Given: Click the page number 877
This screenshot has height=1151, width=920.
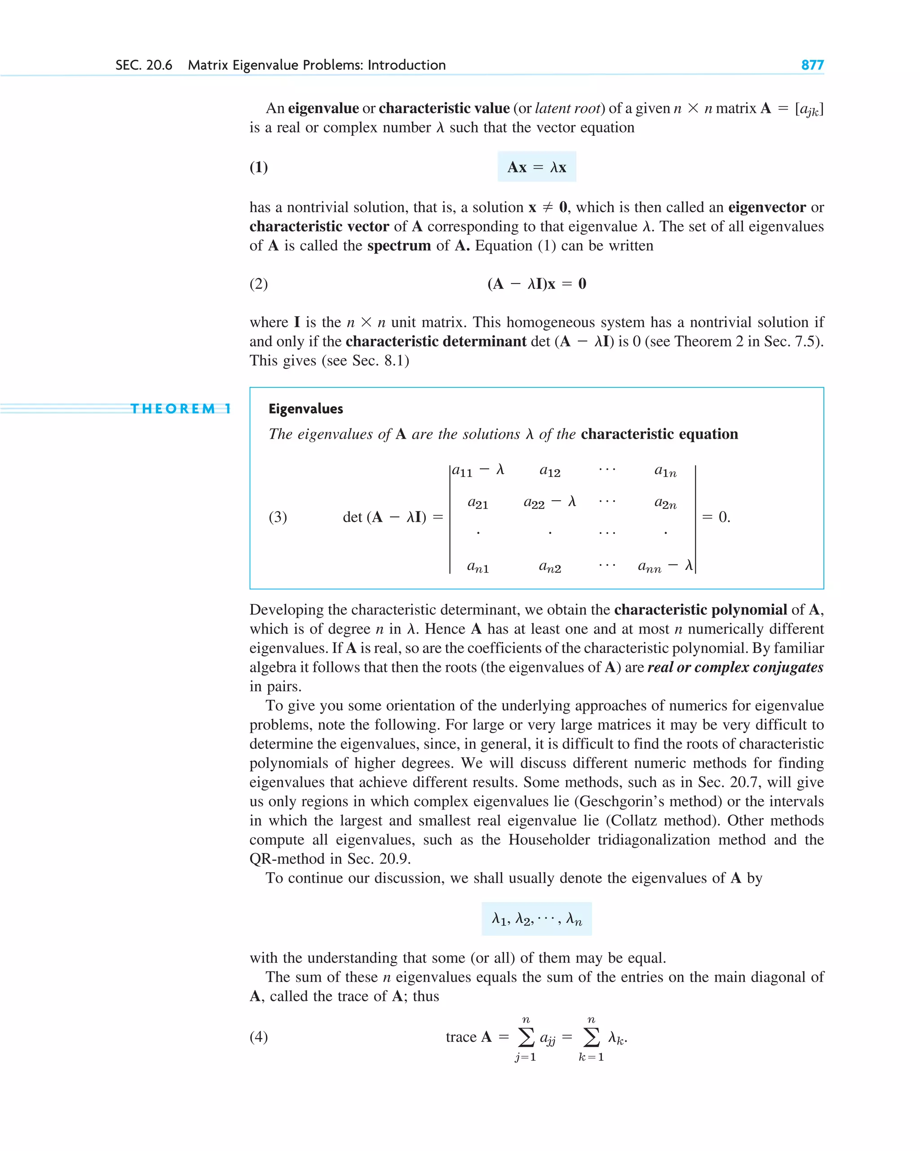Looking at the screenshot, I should [812, 65].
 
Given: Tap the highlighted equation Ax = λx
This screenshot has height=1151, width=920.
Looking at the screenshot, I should [536, 167].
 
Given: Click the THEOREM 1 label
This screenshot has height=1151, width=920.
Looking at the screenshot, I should [181, 409].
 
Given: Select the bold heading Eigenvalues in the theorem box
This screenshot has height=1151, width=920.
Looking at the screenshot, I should [306, 409].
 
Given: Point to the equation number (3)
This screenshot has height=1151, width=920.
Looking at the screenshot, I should [278, 517].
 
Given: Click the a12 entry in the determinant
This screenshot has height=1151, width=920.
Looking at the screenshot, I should [550, 471].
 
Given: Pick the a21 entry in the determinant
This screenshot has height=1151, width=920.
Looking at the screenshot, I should [478, 503].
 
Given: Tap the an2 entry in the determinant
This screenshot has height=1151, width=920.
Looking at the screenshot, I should [550, 567].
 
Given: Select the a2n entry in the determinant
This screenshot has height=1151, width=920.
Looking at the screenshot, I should [665, 503].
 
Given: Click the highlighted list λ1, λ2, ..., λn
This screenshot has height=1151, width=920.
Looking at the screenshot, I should [536, 919].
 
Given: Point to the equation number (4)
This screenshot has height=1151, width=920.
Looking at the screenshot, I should [259, 1037].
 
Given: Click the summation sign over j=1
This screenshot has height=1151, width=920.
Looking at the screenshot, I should [526, 1037].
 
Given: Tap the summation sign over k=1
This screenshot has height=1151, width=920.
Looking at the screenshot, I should [591, 1037].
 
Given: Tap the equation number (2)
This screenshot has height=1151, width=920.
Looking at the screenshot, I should [259, 284].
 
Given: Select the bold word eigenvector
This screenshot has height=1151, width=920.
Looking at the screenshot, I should [767, 207].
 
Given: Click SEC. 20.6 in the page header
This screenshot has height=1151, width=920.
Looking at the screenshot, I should [144, 65].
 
